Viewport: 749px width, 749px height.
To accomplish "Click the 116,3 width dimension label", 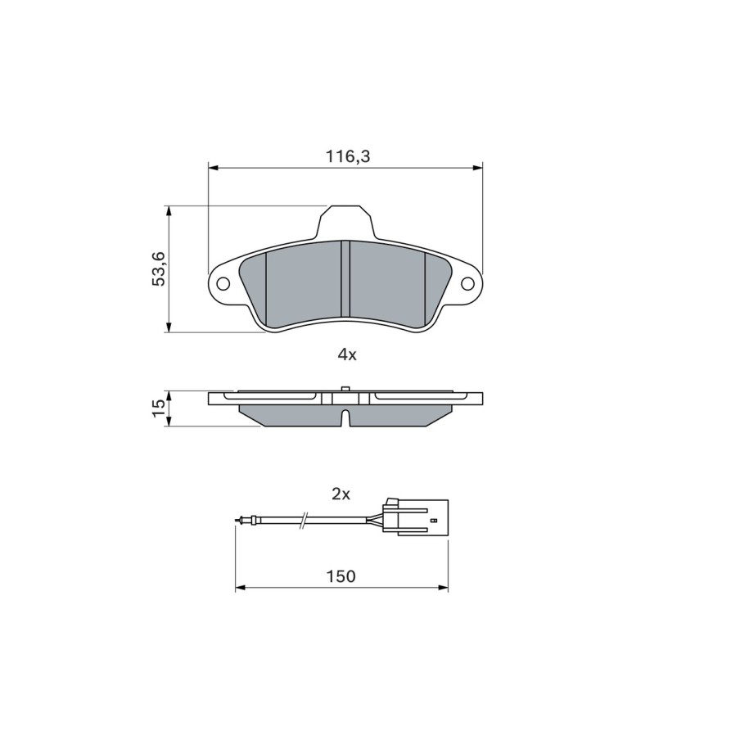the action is [347, 156].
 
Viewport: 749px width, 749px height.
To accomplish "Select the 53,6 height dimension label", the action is [158, 269].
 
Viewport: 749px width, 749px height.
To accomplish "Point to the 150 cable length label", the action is [341, 576].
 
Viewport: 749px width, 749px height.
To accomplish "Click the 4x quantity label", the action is [347, 354].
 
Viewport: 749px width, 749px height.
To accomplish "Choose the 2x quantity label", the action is [341, 494].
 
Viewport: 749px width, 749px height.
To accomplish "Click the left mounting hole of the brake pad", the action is [223, 284].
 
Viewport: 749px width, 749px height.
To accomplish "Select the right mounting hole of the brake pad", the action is [467, 284].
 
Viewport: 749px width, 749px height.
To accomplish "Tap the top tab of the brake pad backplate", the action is [345, 221].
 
